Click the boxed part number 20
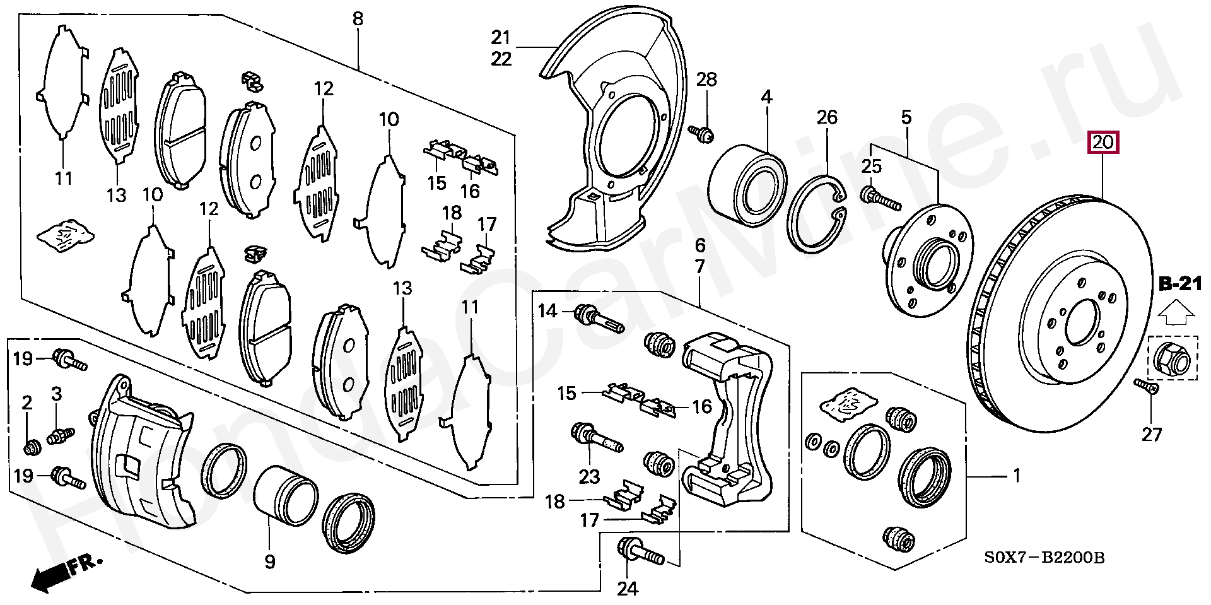pyautogui.click(x=1103, y=143)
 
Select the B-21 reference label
pyautogui.click(x=1180, y=285)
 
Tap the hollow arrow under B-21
pyautogui.click(x=1176, y=312)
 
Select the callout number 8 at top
pyautogui.click(x=358, y=19)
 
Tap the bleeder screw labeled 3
pyautogui.click(x=61, y=435)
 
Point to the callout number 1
pyautogui.click(x=1016, y=476)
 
